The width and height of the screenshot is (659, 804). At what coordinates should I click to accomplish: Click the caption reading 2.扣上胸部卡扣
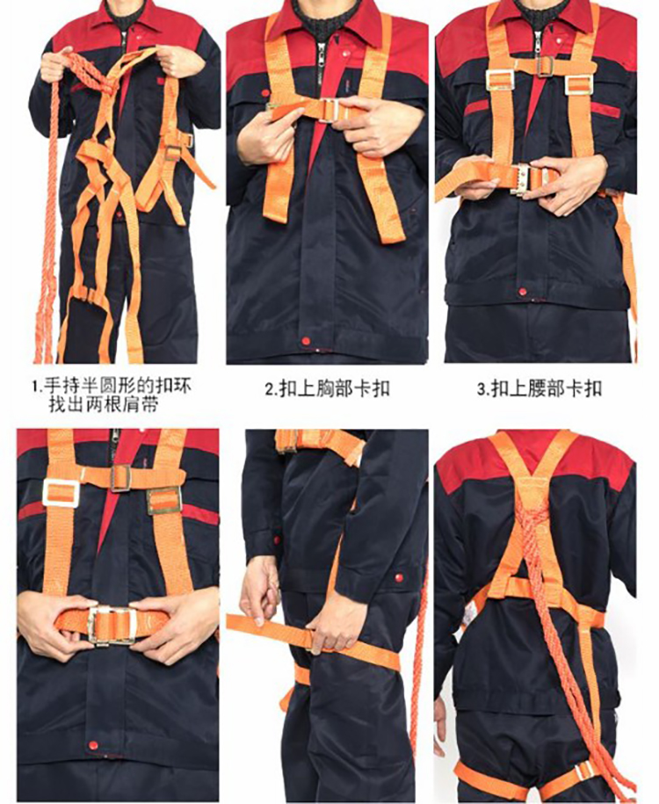click(x=327, y=388)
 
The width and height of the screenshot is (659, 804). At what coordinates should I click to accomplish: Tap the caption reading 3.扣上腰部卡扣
click(x=540, y=388)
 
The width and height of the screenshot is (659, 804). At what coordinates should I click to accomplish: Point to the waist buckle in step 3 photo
click(x=526, y=179)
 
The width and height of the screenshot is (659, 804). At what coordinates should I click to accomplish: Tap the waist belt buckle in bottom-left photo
click(x=112, y=625)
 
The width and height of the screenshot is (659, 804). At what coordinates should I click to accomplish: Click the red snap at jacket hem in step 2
click(x=306, y=341)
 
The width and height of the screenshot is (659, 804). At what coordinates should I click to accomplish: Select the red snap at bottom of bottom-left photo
click(x=93, y=744)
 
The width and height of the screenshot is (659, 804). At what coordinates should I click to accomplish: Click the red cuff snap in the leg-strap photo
click(x=398, y=578)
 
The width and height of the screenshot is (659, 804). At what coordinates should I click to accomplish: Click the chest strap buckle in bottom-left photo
click(x=120, y=477)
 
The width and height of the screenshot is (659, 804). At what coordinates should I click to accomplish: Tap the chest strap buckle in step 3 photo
click(x=545, y=66)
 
